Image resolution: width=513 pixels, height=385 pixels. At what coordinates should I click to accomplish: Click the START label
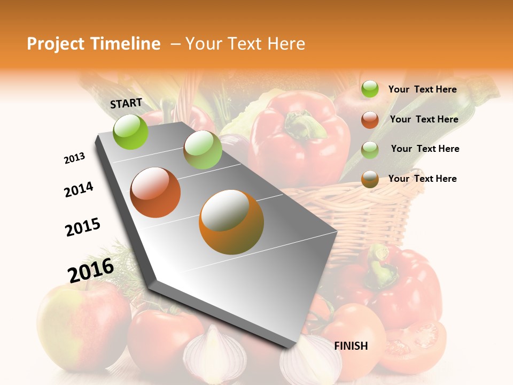(x=126, y=103)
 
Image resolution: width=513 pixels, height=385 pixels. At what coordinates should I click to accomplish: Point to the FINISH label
(x=351, y=346)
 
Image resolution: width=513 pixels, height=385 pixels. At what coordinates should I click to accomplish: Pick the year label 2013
(x=74, y=158)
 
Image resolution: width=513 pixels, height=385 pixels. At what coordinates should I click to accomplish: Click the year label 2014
(x=79, y=189)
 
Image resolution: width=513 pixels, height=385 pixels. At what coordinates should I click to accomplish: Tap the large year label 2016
(x=91, y=270)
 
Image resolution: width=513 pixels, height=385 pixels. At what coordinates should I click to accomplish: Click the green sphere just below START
(x=131, y=132)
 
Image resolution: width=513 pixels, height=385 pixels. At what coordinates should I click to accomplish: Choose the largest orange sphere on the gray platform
(x=231, y=221)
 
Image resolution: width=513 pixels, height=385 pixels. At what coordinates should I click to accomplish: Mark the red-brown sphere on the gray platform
(x=156, y=192)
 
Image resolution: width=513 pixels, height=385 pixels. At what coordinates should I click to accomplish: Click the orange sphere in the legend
(x=370, y=179)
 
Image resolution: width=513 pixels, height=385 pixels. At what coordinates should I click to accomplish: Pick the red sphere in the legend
(x=370, y=120)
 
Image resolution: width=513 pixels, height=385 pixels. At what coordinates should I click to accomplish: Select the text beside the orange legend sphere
(x=422, y=179)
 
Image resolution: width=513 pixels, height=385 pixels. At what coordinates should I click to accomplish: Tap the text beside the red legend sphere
(x=424, y=119)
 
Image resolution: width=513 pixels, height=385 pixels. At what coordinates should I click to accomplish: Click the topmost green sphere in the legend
(x=370, y=89)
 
